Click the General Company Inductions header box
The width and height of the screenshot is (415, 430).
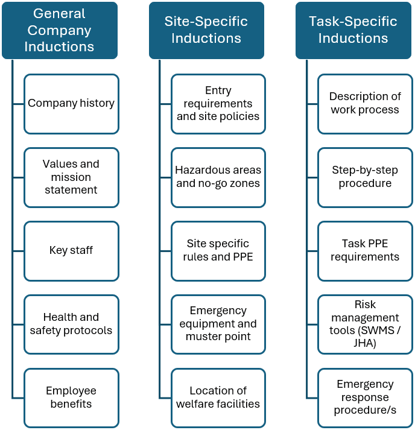pyautogui.click(x=60, y=30)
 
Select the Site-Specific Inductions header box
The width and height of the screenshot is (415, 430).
pyautogui.click(x=206, y=30)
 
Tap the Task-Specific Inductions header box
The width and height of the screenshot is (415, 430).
pyautogui.click(x=353, y=30)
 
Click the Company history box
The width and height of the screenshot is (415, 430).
pyautogui.click(x=71, y=104)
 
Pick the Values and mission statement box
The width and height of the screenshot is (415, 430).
pyautogui.click(x=71, y=177)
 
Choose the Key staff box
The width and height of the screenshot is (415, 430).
pyautogui.click(x=71, y=251)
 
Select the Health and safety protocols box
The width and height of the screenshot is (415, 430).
pyautogui.click(x=71, y=324)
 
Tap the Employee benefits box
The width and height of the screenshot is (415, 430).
pyautogui.click(x=71, y=398)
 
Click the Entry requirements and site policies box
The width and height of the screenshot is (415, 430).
pyautogui.click(x=218, y=104)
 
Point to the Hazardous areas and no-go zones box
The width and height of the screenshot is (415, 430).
pyautogui.click(x=218, y=177)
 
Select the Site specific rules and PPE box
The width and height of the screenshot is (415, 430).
pyautogui.click(x=218, y=251)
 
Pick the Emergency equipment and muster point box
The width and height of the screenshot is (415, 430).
pyautogui.click(x=218, y=324)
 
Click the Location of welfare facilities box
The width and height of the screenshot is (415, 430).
pyautogui.click(x=218, y=398)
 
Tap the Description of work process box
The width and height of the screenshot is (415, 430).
pyautogui.click(x=365, y=104)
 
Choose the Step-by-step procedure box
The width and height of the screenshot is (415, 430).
pyautogui.click(x=365, y=177)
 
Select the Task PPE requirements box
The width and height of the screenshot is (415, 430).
pyautogui.click(x=365, y=251)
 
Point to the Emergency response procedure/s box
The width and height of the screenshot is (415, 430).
pyautogui.click(x=365, y=398)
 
